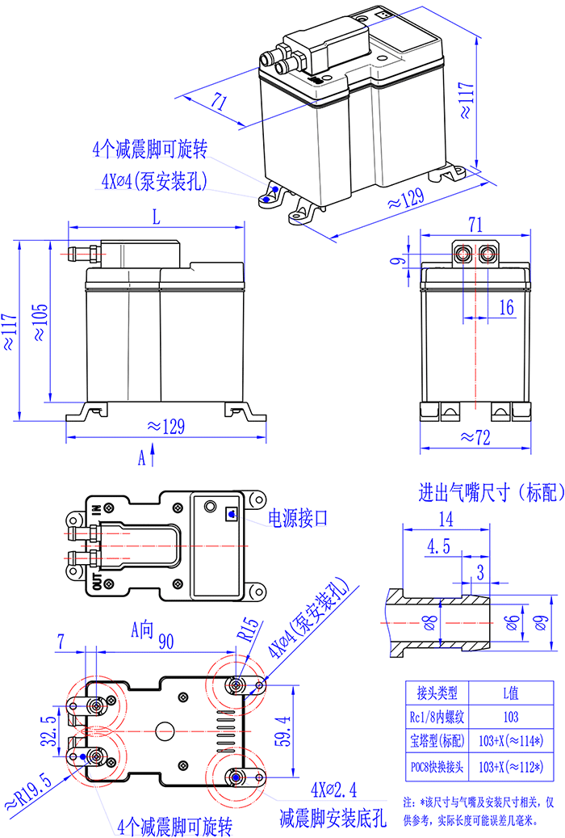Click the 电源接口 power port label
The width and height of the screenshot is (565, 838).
click(298, 518)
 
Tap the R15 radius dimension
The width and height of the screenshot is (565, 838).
click(249, 629)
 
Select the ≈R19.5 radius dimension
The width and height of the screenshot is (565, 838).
click(28, 790)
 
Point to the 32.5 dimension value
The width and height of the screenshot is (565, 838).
click(49, 731)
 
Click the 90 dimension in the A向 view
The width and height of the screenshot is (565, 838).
click(166, 642)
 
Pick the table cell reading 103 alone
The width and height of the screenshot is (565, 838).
click(511, 717)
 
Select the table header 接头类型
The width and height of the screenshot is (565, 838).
click(437, 693)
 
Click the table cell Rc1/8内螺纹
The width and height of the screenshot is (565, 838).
click(437, 717)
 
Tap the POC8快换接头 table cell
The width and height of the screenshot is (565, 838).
click(437, 767)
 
